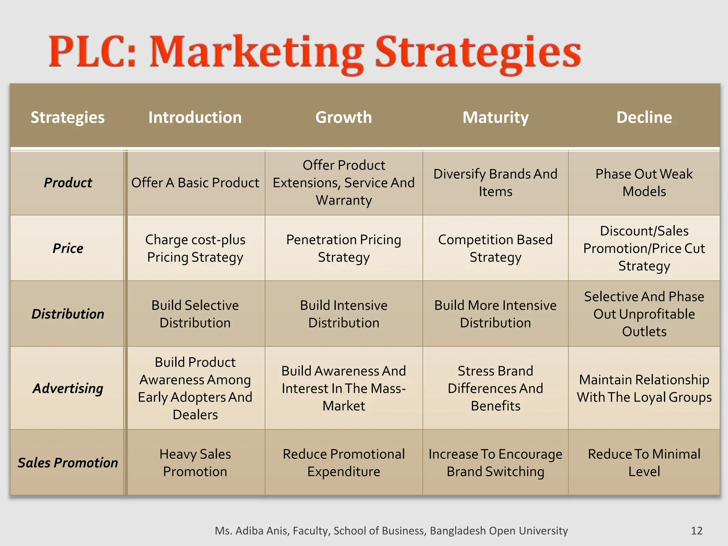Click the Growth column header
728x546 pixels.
pyautogui.click(x=343, y=117)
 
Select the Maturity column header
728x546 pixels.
pyautogui.click(x=496, y=117)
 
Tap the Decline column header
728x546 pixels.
pyautogui.click(x=644, y=117)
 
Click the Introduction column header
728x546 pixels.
pyautogui.click(x=195, y=117)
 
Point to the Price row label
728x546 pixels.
pyautogui.click(x=68, y=248)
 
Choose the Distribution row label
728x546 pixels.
pyautogui.click(x=68, y=314)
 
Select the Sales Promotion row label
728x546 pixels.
pyautogui.click(x=68, y=462)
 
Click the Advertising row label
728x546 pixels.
pyautogui.click(x=68, y=388)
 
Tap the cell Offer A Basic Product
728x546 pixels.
pyautogui.click(x=195, y=183)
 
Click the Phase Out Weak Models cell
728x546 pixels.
pyautogui.click(x=644, y=183)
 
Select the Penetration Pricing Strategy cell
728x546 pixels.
pyautogui.click(x=343, y=248)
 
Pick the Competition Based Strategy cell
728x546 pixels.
pyautogui.click(x=496, y=248)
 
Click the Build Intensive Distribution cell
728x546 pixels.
pyautogui.click(x=343, y=314)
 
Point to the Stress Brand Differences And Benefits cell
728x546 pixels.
pyautogui.click(x=496, y=388)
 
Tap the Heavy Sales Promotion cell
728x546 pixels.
pyautogui.click(x=195, y=462)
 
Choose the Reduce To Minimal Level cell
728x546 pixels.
pyautogui.click(x=644, y=462)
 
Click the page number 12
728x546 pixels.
pyautogui.click(x=696, y=531)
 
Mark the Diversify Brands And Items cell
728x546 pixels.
pyautogui.click(x=496, y=183)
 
